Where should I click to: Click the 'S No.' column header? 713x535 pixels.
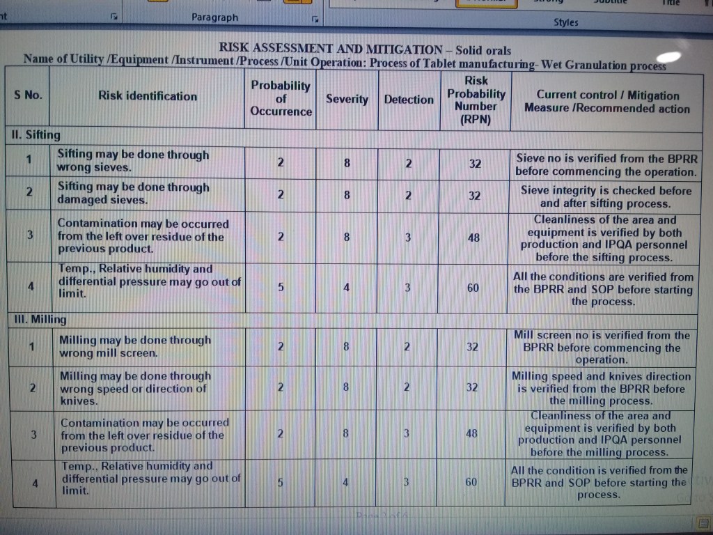tap(28, 95)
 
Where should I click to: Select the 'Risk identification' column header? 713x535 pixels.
tap(148, 96)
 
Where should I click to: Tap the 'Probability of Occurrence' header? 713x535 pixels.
tap(281, 98)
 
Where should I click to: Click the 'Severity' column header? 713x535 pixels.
tap(347, 99)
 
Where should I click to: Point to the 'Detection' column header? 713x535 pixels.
tap(409, 100)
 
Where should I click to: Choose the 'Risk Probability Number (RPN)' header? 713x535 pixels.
tap(476, 100)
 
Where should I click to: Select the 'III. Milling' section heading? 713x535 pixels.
tap(40, 319)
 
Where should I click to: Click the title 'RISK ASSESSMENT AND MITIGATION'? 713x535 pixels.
tap(331, 49)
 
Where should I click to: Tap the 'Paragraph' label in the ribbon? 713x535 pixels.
tap(214, 17)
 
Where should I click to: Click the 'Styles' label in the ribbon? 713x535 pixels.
tap(565, 22)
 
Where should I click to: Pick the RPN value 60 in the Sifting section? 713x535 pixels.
tap(473, 287)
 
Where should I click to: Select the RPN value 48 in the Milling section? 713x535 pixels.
tap(472, 433)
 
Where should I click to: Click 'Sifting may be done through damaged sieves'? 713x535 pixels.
tap(133, 193)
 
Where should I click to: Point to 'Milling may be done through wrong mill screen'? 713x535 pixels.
tap(135, 346)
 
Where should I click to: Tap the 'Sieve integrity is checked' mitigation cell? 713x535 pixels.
tap(606, 197)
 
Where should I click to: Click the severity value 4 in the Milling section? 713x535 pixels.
tap(345, 481)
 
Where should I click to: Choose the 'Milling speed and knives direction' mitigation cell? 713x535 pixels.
tap(601, 389)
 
